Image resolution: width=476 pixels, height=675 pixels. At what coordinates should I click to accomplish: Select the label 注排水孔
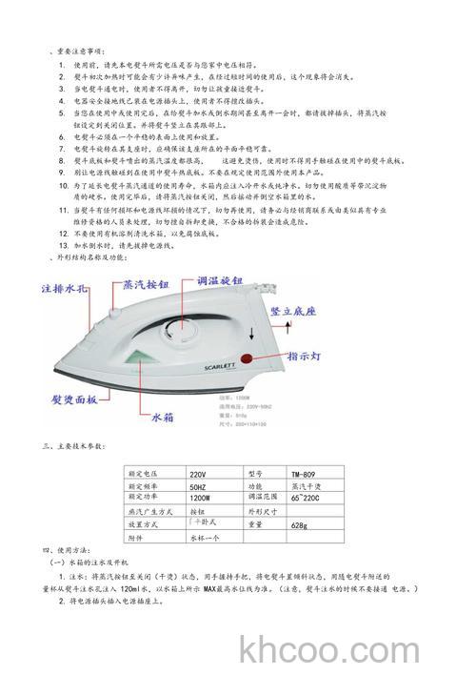click(68, 287)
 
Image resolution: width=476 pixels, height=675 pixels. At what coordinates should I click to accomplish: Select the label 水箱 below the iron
click(165, 418)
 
